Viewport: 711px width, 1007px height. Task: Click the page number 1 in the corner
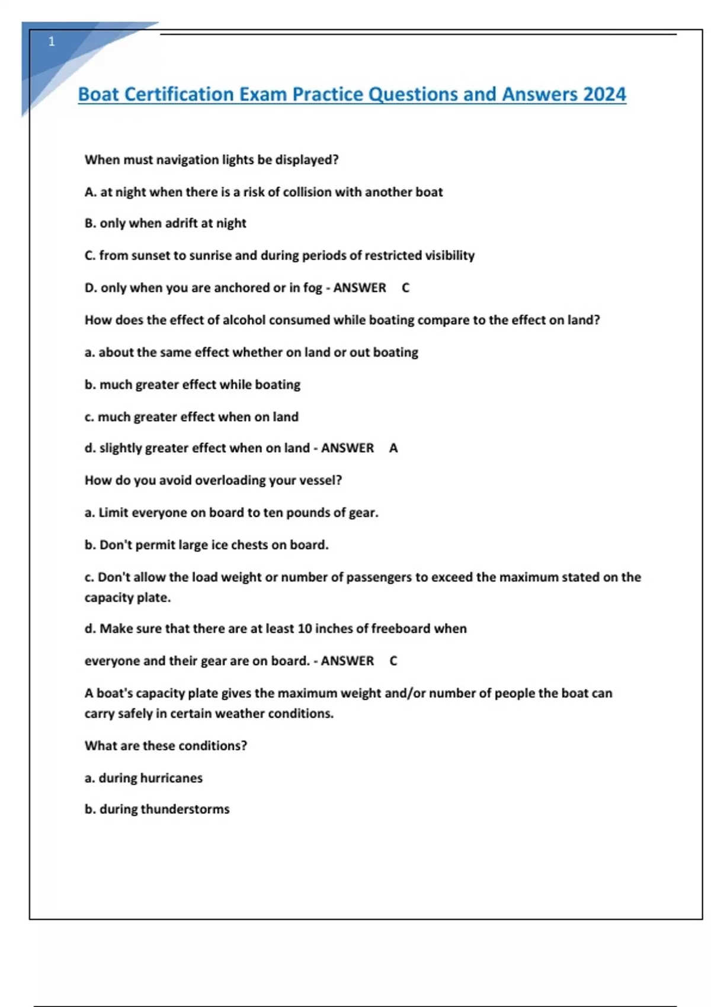point(52,41)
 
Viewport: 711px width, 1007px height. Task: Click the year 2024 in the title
point(604,94)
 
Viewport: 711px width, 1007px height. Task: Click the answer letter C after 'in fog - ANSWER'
point(406,288)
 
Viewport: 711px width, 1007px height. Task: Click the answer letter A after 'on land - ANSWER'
point(393,448)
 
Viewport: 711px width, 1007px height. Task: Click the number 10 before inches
point(305,628)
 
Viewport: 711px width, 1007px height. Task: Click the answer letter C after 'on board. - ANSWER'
point(393,661)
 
